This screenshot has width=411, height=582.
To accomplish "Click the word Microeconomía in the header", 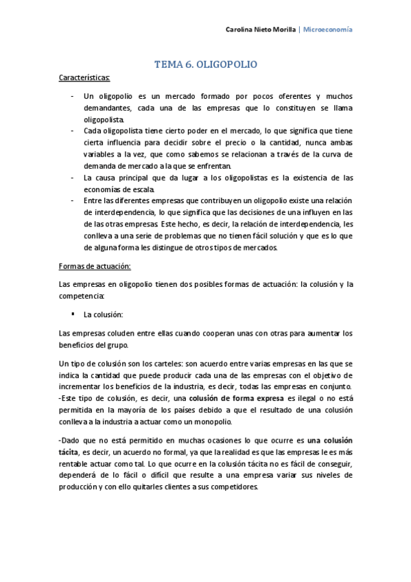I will click(329, 30).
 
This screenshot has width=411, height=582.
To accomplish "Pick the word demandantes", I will click(106, 108).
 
